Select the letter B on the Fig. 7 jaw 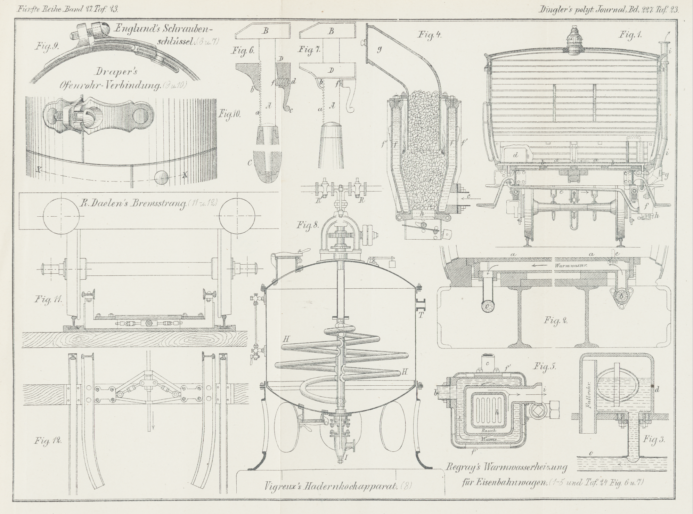point(331,31)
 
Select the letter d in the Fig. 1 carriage point(515,155)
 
